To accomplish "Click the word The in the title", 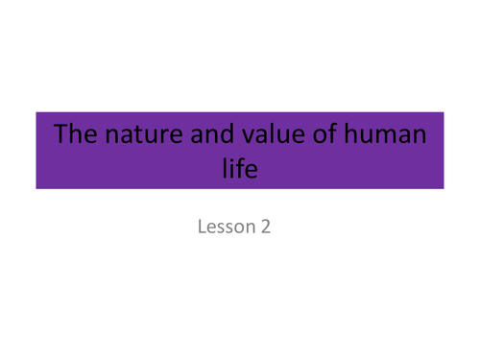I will point(75,134).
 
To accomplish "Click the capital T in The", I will point(60,133).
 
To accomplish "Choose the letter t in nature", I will point(141,134).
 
